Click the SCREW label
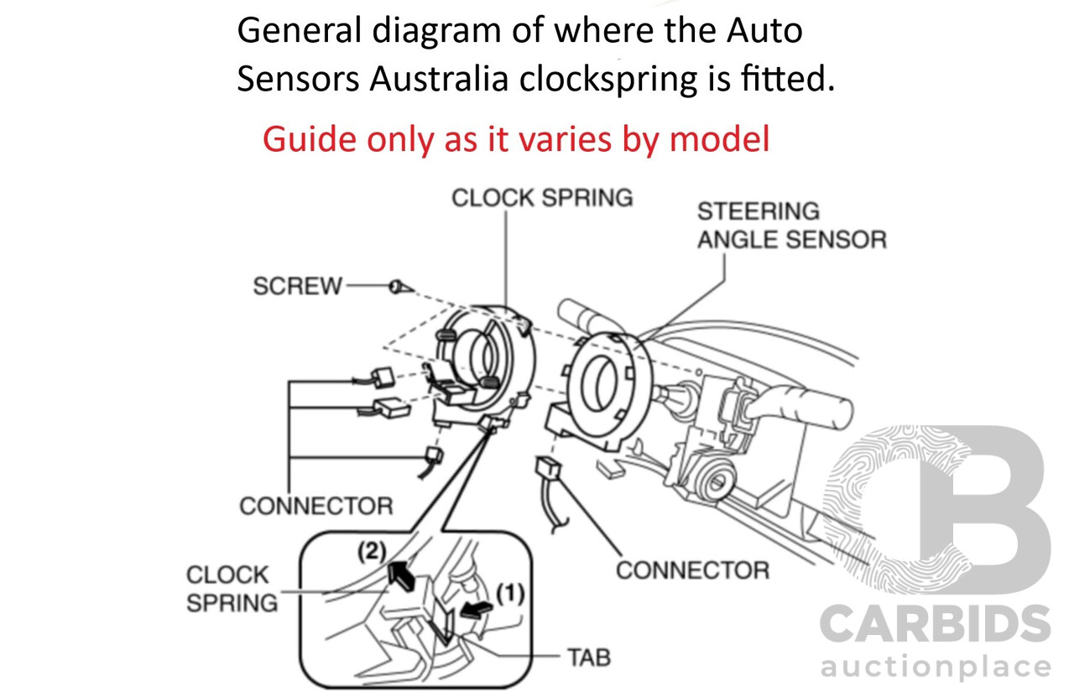(x=298, y=287)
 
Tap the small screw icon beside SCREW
(x=400, y=287)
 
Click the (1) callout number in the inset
(x=510, y=594)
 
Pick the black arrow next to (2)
(x=402, y=576)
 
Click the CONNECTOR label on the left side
(x=315, y=507)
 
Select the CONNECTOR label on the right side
(x=692, y=570)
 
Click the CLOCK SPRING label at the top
(x=542, y=198)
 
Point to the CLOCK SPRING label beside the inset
(x=232, y=589)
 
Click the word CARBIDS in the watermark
(x=935, y=625)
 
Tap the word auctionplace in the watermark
(x=935, y=669)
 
